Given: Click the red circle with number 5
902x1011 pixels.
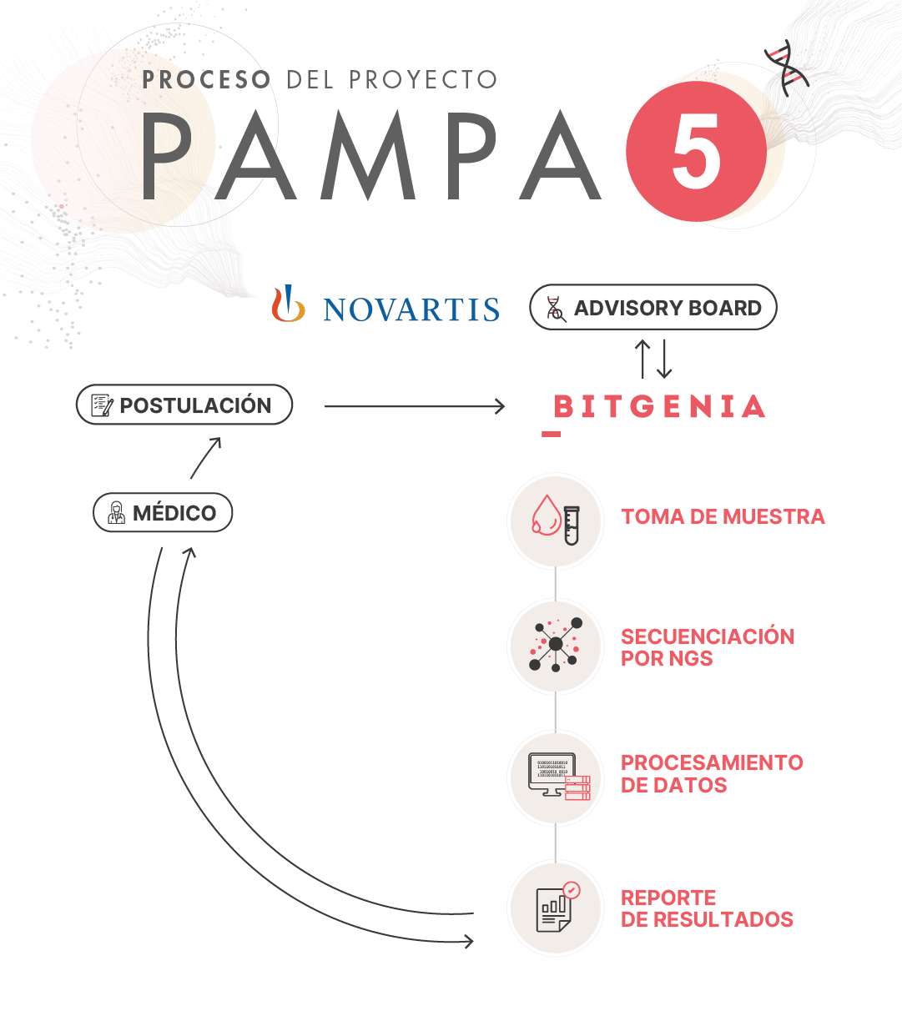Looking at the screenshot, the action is click(x=696, y=151).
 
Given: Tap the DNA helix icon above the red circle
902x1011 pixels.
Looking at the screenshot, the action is click(x=787, y=68).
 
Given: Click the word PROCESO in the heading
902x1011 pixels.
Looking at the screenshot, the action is click(x=206, y=80).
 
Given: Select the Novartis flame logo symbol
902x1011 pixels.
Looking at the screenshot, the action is click(x=288, y=304).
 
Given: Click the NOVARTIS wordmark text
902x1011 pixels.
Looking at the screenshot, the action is click(x=411, y=309).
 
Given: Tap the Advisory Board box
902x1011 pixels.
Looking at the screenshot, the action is click(x=653, y=308).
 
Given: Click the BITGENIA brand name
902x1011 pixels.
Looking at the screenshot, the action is click(x=659, y=406).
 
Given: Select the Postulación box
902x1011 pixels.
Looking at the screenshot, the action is click(x=184, y=405).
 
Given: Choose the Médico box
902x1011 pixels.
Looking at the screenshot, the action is click(x=163, y=512).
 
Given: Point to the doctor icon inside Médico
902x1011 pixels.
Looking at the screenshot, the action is click(x=116, y=513).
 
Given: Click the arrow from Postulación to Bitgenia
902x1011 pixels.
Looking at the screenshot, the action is click(x=415, y=406).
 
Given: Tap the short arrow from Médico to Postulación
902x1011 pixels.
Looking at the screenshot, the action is click(x=205, y=458).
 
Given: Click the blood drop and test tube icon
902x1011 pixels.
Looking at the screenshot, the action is click(x=556, y=521).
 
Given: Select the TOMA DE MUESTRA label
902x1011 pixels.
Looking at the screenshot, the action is click(x=723, y=517).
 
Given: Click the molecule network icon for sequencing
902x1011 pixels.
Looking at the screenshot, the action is click(x=556, y=645).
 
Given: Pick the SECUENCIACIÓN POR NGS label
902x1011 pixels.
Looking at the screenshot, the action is click(x=708, y=647).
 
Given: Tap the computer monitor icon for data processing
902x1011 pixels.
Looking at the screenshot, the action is click(x=559, y=777).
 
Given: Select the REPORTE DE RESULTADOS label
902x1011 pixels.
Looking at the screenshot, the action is click(x=707, y=909).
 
